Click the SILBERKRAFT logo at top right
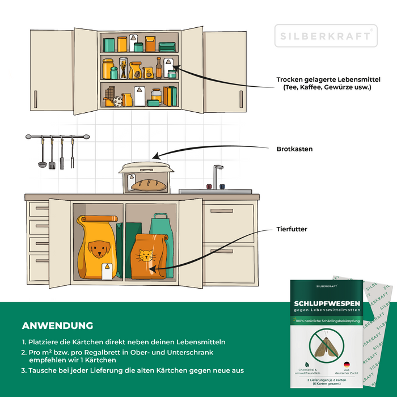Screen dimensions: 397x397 pos(326,36)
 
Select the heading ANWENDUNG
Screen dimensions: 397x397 pos(57,326)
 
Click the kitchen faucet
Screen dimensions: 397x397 pos(217,176)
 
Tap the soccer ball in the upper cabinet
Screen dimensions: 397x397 pos(117,102)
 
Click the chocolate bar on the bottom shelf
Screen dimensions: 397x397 pos(109,93)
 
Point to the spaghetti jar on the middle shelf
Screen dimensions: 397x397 pos(123,68)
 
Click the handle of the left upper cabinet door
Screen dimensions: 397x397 pos(36,99)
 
